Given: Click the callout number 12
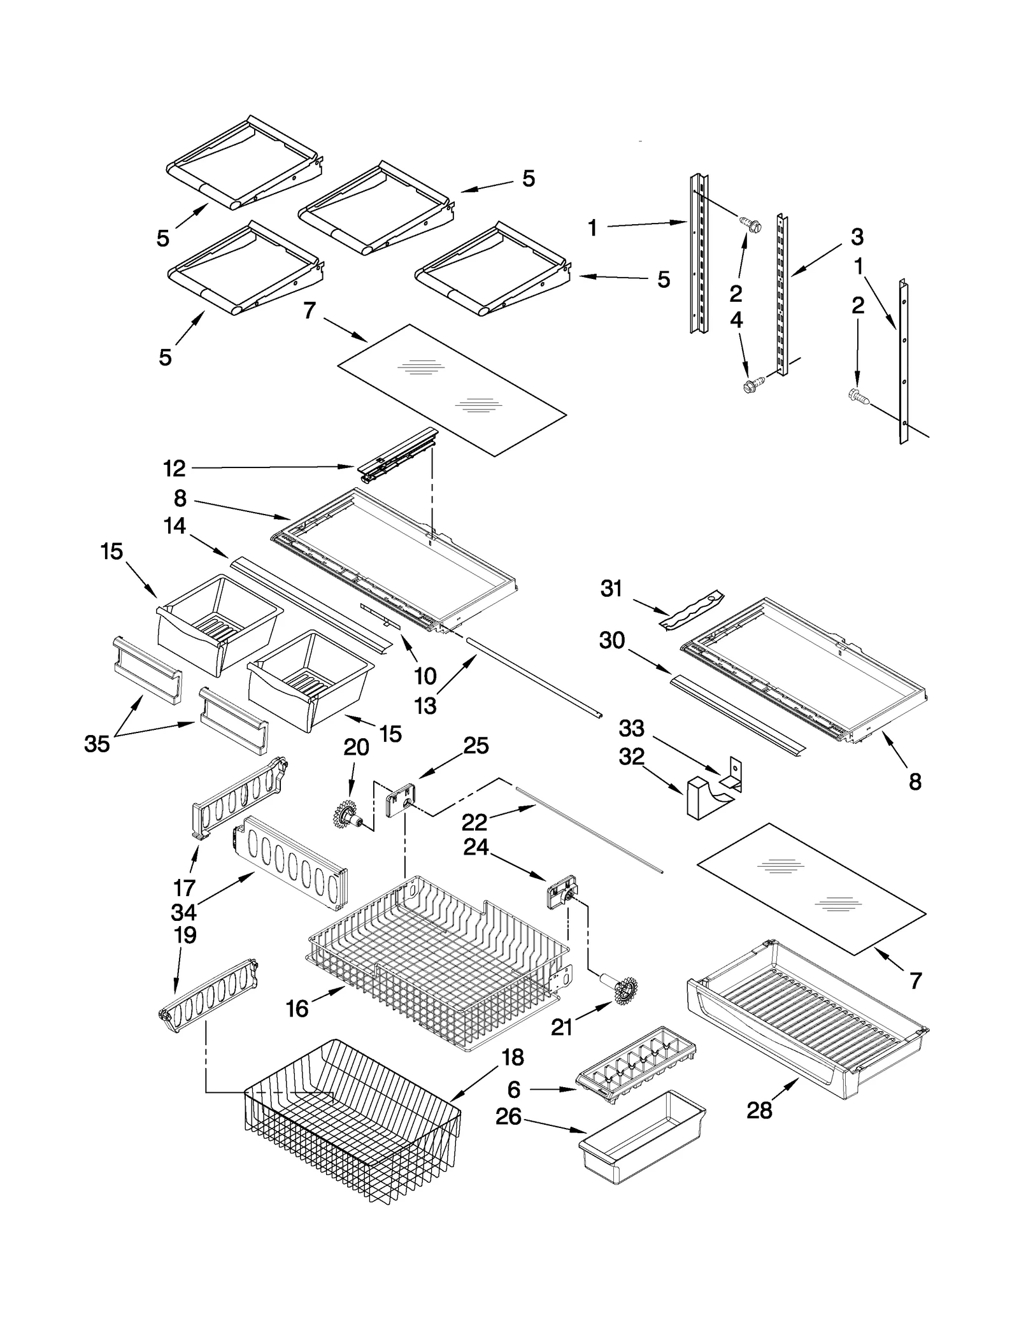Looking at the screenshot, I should click(173, 469).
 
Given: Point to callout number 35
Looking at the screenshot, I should click(97, 743).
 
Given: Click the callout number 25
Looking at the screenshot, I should click(476, 745).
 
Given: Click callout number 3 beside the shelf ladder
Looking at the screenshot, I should click(857, 237).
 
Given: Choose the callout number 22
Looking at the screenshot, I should click(474, 822).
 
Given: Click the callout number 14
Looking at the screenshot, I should click(175, 526).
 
